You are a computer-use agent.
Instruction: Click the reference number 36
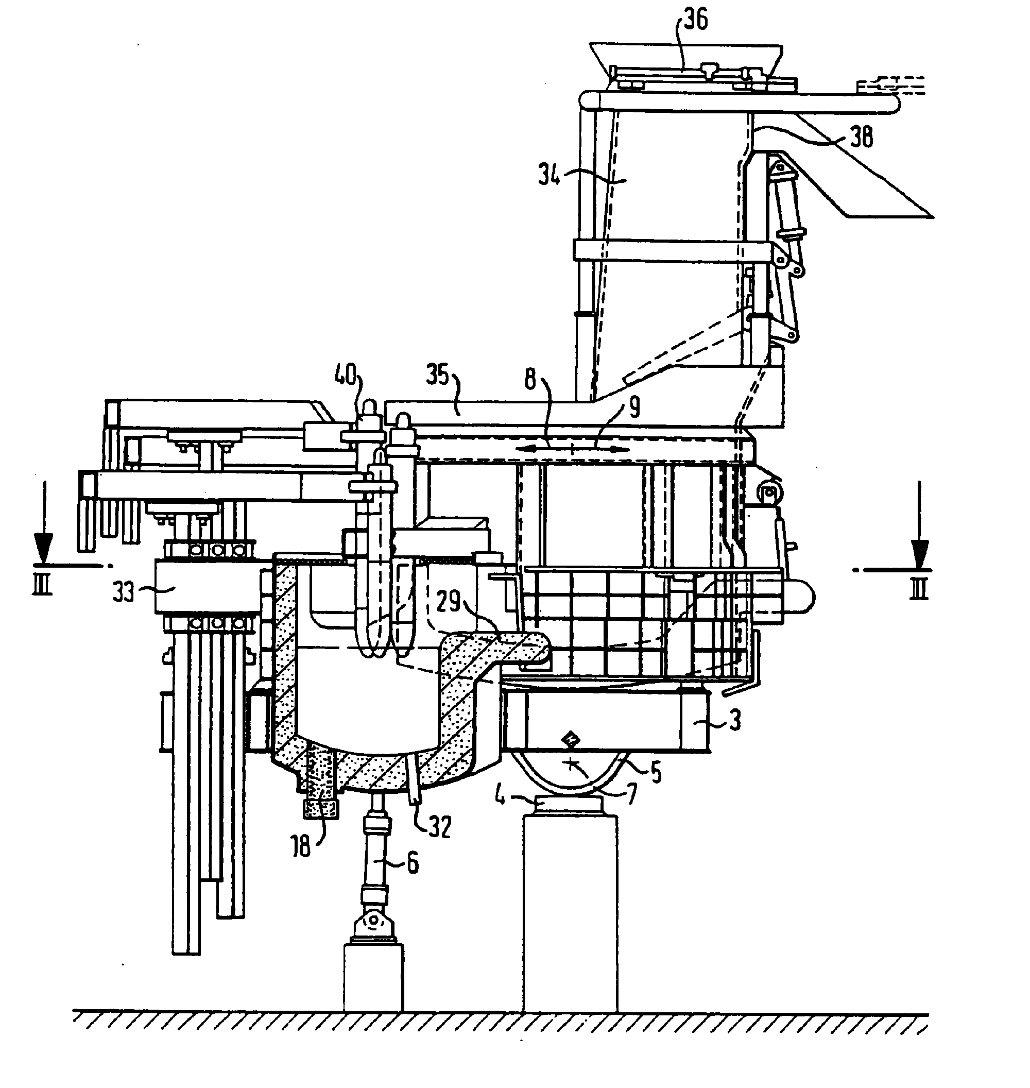point(696,20)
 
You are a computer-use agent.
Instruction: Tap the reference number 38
point(861,136)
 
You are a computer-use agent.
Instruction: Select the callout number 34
point(550,176)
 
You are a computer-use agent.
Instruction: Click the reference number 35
point(438,376)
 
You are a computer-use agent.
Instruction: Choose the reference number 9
point(634,407)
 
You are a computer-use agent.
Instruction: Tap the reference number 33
point(123,593)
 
